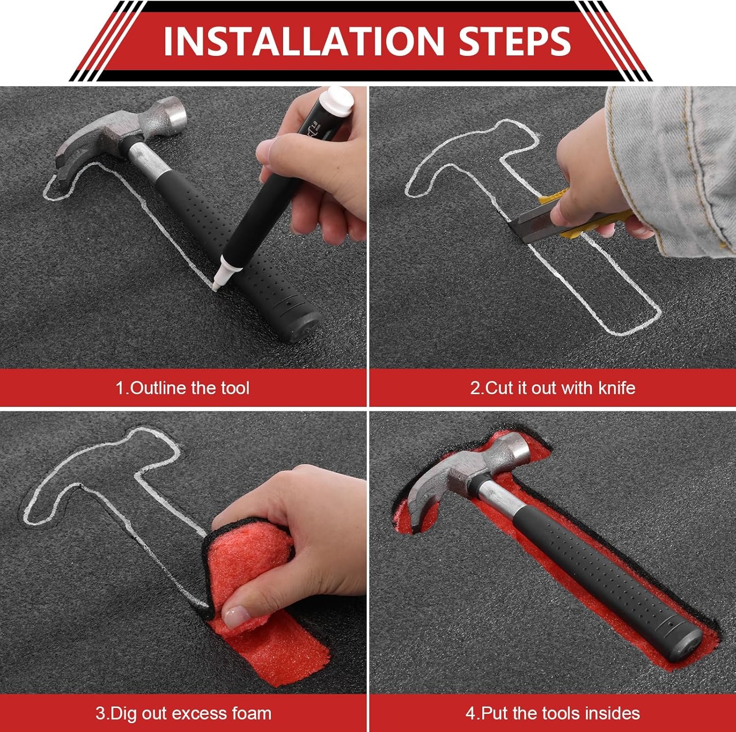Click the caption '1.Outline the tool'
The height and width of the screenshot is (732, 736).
click(x=183, y=388)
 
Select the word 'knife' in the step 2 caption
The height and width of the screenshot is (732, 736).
click(x=617, y=388)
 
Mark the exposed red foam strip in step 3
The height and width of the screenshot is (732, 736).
click(x=275, y=637)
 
